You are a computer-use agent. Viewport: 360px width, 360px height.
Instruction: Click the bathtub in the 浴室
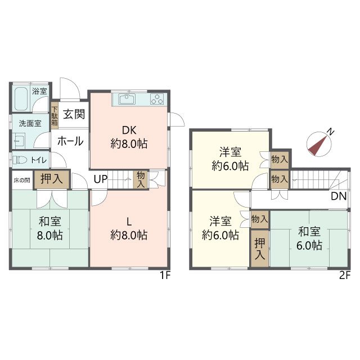[x=21, y=99]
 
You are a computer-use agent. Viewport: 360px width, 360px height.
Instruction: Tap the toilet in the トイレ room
[x=18, y=160]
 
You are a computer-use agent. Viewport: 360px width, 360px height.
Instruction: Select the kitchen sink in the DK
[x=127, y=99]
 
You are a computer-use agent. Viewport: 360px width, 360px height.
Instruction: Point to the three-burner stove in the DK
[x=157, y=99]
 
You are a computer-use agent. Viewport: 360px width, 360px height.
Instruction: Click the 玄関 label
[x=74, y=114]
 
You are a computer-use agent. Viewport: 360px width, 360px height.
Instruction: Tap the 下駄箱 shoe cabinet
[x=55, y=115]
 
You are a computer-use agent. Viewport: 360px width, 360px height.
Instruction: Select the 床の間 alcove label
[x=22, y=180]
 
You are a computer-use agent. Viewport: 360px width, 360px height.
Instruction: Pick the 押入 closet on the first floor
[x=52, y=179]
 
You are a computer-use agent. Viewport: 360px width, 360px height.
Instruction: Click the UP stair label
[x=100, y=179]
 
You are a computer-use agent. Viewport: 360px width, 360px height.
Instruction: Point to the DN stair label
[x=339, y=196]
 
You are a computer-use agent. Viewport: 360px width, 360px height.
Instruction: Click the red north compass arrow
[x=317, y=145]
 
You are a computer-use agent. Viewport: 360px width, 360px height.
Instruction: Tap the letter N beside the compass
[x=330, y=132]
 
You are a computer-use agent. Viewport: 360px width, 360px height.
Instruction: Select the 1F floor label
[x=165, y=275]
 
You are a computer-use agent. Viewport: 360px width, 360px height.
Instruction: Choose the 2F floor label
[x=345, y=275]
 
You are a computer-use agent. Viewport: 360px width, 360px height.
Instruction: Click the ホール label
[x=70, y=141]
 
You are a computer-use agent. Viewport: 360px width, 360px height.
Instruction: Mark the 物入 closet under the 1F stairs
[x=141, y=179]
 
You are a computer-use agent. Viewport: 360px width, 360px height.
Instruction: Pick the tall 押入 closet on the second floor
[x=260, y=249]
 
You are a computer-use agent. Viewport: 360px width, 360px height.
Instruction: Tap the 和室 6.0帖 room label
[x=309, y=238]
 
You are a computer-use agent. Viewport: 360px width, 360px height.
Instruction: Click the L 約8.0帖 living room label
[x=129, y=229]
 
